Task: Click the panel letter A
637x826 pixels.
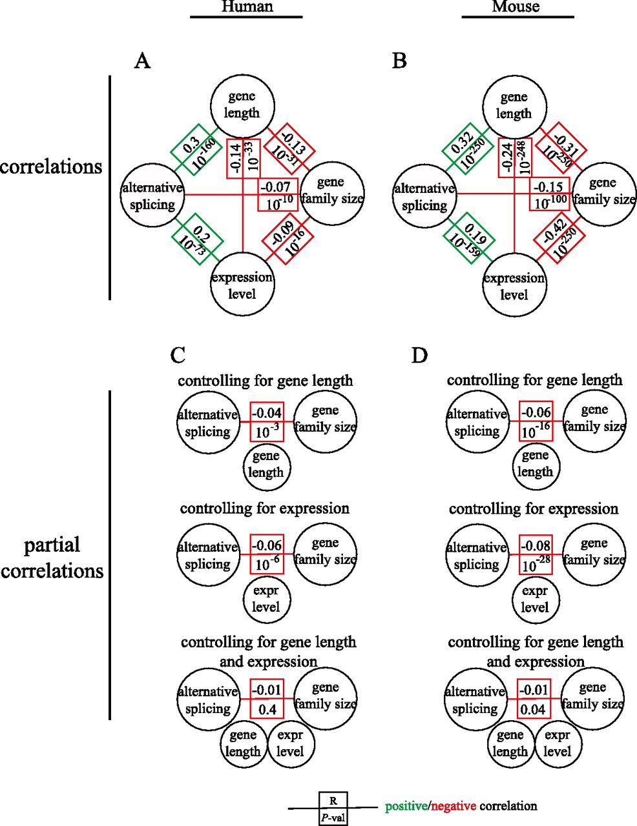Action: [142, 61]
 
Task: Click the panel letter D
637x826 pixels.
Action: [419, 355]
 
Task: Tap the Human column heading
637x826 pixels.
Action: [247, 7]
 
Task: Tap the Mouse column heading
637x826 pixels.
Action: [516, 7]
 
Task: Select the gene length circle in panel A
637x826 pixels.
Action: [242, 105]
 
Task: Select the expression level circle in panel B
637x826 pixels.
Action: [514, 286]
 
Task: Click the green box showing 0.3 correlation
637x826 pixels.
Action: [196, 149]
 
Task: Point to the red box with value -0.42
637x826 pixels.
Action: [559, 239]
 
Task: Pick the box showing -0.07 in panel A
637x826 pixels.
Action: [278, 195]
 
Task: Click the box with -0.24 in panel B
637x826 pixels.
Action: [515, 158]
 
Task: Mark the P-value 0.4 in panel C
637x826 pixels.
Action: [267, 710]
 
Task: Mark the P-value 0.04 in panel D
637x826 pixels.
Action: [534, 710]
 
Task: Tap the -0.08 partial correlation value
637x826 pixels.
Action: [536, 547]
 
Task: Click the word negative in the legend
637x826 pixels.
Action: [454, 806]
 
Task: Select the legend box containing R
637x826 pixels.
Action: [333, 801]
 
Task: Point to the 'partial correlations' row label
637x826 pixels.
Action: [52, 558]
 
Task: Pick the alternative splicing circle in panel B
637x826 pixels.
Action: [424, 197]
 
